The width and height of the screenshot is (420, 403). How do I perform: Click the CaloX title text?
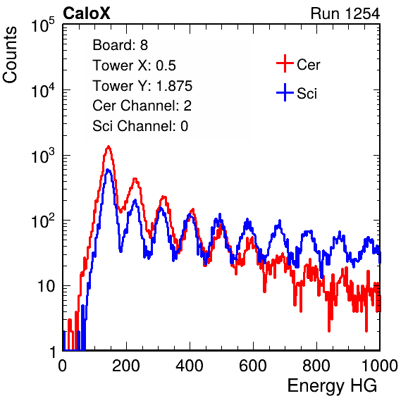(86, 13)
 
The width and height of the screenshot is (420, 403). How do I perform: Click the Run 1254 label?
(345, 13)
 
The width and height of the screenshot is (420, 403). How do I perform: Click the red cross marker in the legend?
(285, 63)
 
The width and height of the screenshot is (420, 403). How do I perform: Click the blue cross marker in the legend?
(285, 92)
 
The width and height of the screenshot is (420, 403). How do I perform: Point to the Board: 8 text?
(120, 45)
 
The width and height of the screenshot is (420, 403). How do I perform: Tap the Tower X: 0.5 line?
(134, 66)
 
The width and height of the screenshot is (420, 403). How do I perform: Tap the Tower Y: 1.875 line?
(142, 86)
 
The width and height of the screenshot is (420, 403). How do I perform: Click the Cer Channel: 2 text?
(142, 106)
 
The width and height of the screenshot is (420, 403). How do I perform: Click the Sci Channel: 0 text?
(140, 126)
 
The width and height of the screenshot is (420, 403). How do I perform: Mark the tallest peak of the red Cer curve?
(109, 147)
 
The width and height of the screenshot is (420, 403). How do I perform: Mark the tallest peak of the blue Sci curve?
(108, 170)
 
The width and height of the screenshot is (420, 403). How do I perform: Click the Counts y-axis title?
(10, 55)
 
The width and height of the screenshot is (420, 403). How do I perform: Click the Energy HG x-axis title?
(332, 386)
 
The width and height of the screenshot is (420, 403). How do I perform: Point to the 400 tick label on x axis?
(190, 366)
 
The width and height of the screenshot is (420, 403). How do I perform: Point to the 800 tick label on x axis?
(316, 366)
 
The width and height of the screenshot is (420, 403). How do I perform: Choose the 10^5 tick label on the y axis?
(42, 25)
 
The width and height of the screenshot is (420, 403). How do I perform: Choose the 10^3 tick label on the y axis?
(42, 156)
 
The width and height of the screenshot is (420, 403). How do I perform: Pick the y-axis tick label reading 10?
(46, 286)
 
